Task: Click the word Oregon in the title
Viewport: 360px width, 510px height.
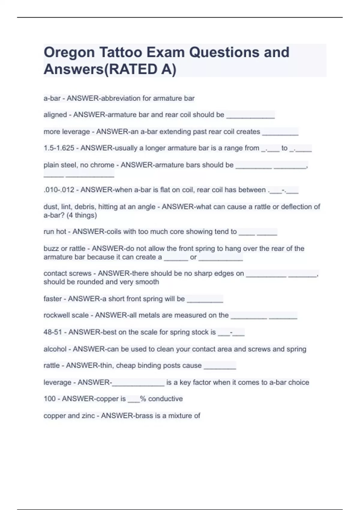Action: [x=69, y=53]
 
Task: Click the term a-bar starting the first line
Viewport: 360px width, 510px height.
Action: [x=52, y=98]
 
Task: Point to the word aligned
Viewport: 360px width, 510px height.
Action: [x=55, y=115]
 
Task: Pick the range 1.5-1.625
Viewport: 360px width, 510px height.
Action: [x=59, y=148]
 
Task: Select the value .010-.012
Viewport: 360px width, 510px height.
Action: [x=59, y=190]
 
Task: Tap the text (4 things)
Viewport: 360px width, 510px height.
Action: [x=82, y=215]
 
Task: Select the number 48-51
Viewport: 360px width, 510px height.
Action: [x=53, y=332]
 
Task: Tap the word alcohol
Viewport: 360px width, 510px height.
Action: [x=55, y=349]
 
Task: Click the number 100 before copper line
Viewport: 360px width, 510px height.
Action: [x=49, y=399]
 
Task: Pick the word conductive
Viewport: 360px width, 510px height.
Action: [x=165, y=399]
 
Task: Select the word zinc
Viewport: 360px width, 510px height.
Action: [x=88, y=416]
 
